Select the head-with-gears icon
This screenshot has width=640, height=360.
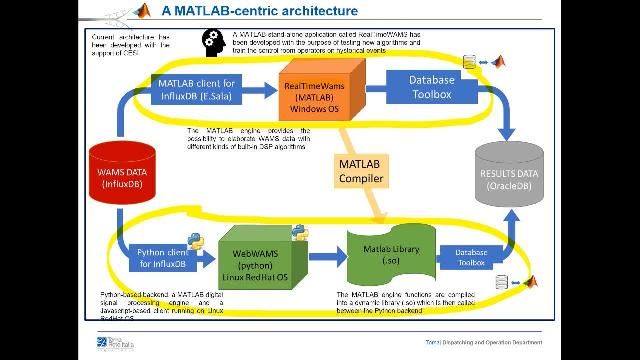click(x=212, y=40)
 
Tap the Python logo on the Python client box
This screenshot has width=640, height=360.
click(x=197, y=240)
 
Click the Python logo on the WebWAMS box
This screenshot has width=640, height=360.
click(x=298, y=234)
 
